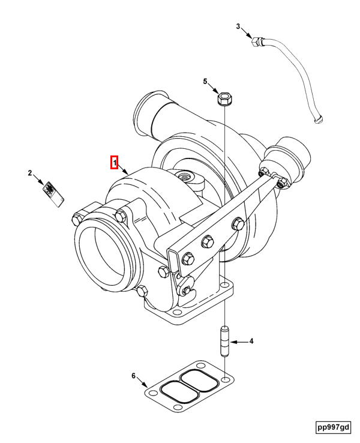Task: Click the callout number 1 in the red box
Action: tap(114, 162)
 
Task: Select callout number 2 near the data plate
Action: tap(29, 173)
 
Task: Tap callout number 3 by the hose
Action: tap(238, 26)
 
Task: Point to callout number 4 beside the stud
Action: tap(251, 342)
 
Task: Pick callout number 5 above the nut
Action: tap(205, 82)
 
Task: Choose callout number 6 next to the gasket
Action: tap(134, 376)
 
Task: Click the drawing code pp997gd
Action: tap(334, 427)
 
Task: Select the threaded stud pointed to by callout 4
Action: tap(224, 341)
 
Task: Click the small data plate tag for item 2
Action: tap(53, 195)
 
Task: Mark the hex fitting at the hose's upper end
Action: tap(257, 42)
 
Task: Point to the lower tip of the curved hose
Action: tap(318, 121)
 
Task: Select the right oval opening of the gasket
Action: tap(199, 380)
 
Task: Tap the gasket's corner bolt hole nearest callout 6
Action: tap(153, 394)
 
